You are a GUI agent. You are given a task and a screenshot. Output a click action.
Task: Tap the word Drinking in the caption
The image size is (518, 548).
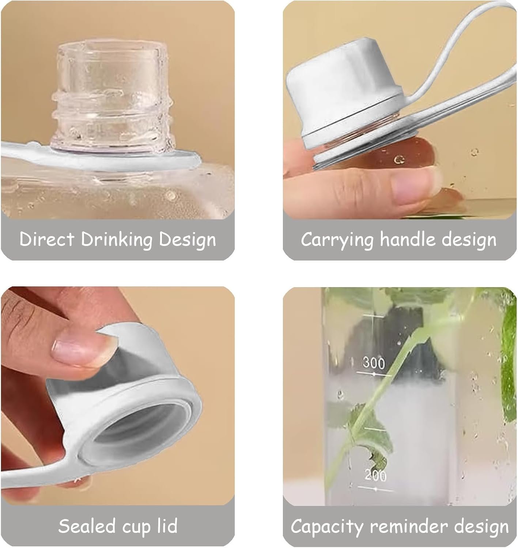tap(117, 240)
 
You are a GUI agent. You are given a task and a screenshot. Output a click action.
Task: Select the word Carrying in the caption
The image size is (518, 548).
tap(337, 240)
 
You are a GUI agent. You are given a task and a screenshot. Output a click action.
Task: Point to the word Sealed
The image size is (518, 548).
tap(87, 526)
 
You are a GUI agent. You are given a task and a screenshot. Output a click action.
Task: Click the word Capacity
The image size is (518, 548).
tap(327, 527)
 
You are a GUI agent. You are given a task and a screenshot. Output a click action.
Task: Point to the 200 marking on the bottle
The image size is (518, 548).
tap(375, 475)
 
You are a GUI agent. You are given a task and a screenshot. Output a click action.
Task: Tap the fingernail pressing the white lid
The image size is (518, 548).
tap(83, 353)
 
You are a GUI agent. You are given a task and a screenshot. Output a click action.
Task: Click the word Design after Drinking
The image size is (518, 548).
tap(188, 240)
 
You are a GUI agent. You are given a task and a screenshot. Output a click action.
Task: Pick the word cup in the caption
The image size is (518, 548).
tap(136, 528)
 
